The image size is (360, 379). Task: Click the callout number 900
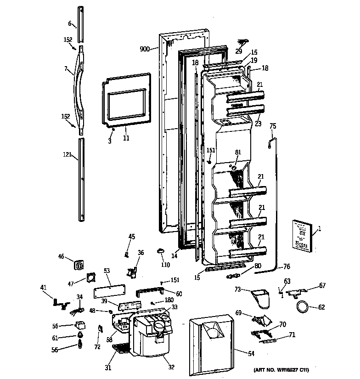pyautogui.click(x=145, y=49)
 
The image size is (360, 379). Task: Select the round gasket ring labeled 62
pyautogui.click(x=303, y=307)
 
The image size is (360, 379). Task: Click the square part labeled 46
pyautogui.click(x=79, y=264)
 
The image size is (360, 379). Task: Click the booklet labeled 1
pyautogui.click(x=301, y=235)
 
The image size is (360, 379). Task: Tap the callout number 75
pyautogui.click(x=273, y=126)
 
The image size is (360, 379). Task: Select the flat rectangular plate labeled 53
pyautogui.click(x=110, y=291)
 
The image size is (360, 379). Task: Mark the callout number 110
pyautogui.click(x=165, y=265)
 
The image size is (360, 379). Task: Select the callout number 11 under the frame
pyautogui.click(x=126, y=137)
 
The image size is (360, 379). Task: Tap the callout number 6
pyautogui.click(x=70, y=23)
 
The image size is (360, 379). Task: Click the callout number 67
pyautogui.click(x=322, y=286)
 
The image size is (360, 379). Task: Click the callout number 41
pyautogui.click(x=44, y=288)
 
